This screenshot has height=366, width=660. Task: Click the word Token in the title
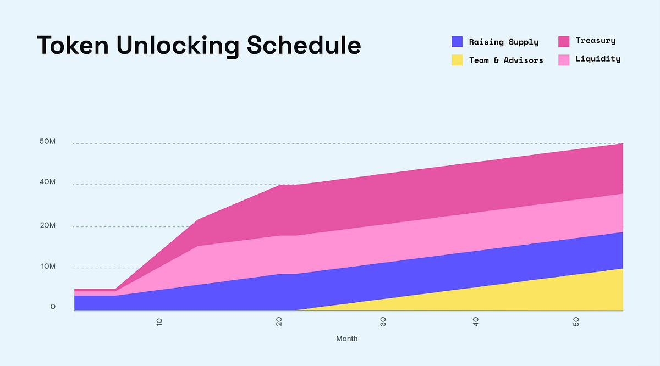[x=73, y=46]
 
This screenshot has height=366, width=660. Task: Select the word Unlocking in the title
[x=178, y=46]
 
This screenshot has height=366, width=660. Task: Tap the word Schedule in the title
[x=304, y=45]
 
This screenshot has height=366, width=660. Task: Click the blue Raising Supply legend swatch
[x=457, y=42]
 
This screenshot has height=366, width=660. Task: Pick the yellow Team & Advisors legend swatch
[x=457, y=60]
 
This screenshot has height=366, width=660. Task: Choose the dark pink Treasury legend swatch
[x=564, y=42]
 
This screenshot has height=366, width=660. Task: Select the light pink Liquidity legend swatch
[x=564, y=60]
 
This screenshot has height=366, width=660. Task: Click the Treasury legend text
[x=596, y=41]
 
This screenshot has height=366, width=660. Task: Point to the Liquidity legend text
[x=598, y=59]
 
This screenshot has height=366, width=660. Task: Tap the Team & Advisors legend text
[x=506, y=60]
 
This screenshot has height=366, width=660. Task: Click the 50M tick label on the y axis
[x=47, y=141]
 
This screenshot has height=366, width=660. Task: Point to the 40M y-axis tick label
[x=47, y=182]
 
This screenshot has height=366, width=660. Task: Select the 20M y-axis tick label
[x=48, y=225]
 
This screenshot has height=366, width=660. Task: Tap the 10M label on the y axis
[x=48, y=267]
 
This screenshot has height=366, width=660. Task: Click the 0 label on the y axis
[x=53, y=307]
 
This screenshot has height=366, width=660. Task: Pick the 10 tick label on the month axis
[x=159, y=322]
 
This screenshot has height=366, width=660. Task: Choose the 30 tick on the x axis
[x=383, y=321]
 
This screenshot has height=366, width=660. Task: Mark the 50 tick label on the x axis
[x=576, y=322]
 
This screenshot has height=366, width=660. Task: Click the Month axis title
[x=347, y=339]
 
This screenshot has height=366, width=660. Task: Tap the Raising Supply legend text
[x=504, y=42]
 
